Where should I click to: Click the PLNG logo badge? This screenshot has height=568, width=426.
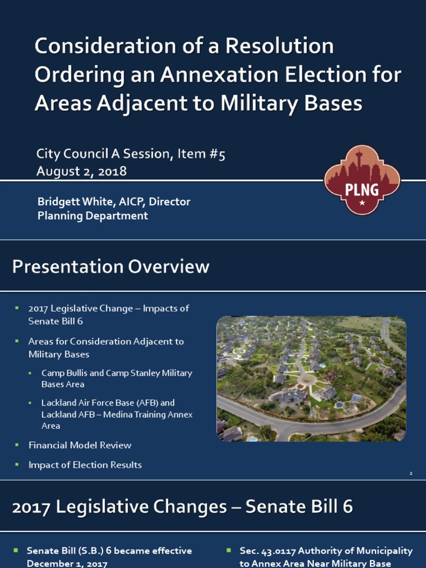(362, 180)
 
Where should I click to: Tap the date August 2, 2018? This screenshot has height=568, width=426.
(82, 171)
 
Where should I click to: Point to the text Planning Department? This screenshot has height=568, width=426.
(93, 216)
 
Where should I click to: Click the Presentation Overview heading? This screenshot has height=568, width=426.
(111, 267)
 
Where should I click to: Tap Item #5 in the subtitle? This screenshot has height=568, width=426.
(201, 155)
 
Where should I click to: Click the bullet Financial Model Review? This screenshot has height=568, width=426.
(80, 445)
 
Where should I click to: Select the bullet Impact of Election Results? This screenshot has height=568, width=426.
(85, 465)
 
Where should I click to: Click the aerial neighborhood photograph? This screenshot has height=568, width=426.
(311, 379)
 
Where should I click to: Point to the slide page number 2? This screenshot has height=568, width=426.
(411, 473)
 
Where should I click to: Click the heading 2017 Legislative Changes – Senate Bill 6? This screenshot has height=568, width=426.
(182, 507)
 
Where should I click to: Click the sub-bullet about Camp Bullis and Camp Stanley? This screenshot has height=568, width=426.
(116, 378)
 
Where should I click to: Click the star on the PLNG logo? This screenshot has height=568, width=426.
(362, 203)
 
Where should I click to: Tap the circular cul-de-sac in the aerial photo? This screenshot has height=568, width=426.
(306, 380)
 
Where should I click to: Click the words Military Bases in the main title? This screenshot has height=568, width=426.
(293, 103)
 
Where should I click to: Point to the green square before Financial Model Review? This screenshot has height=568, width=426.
(17, 445)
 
